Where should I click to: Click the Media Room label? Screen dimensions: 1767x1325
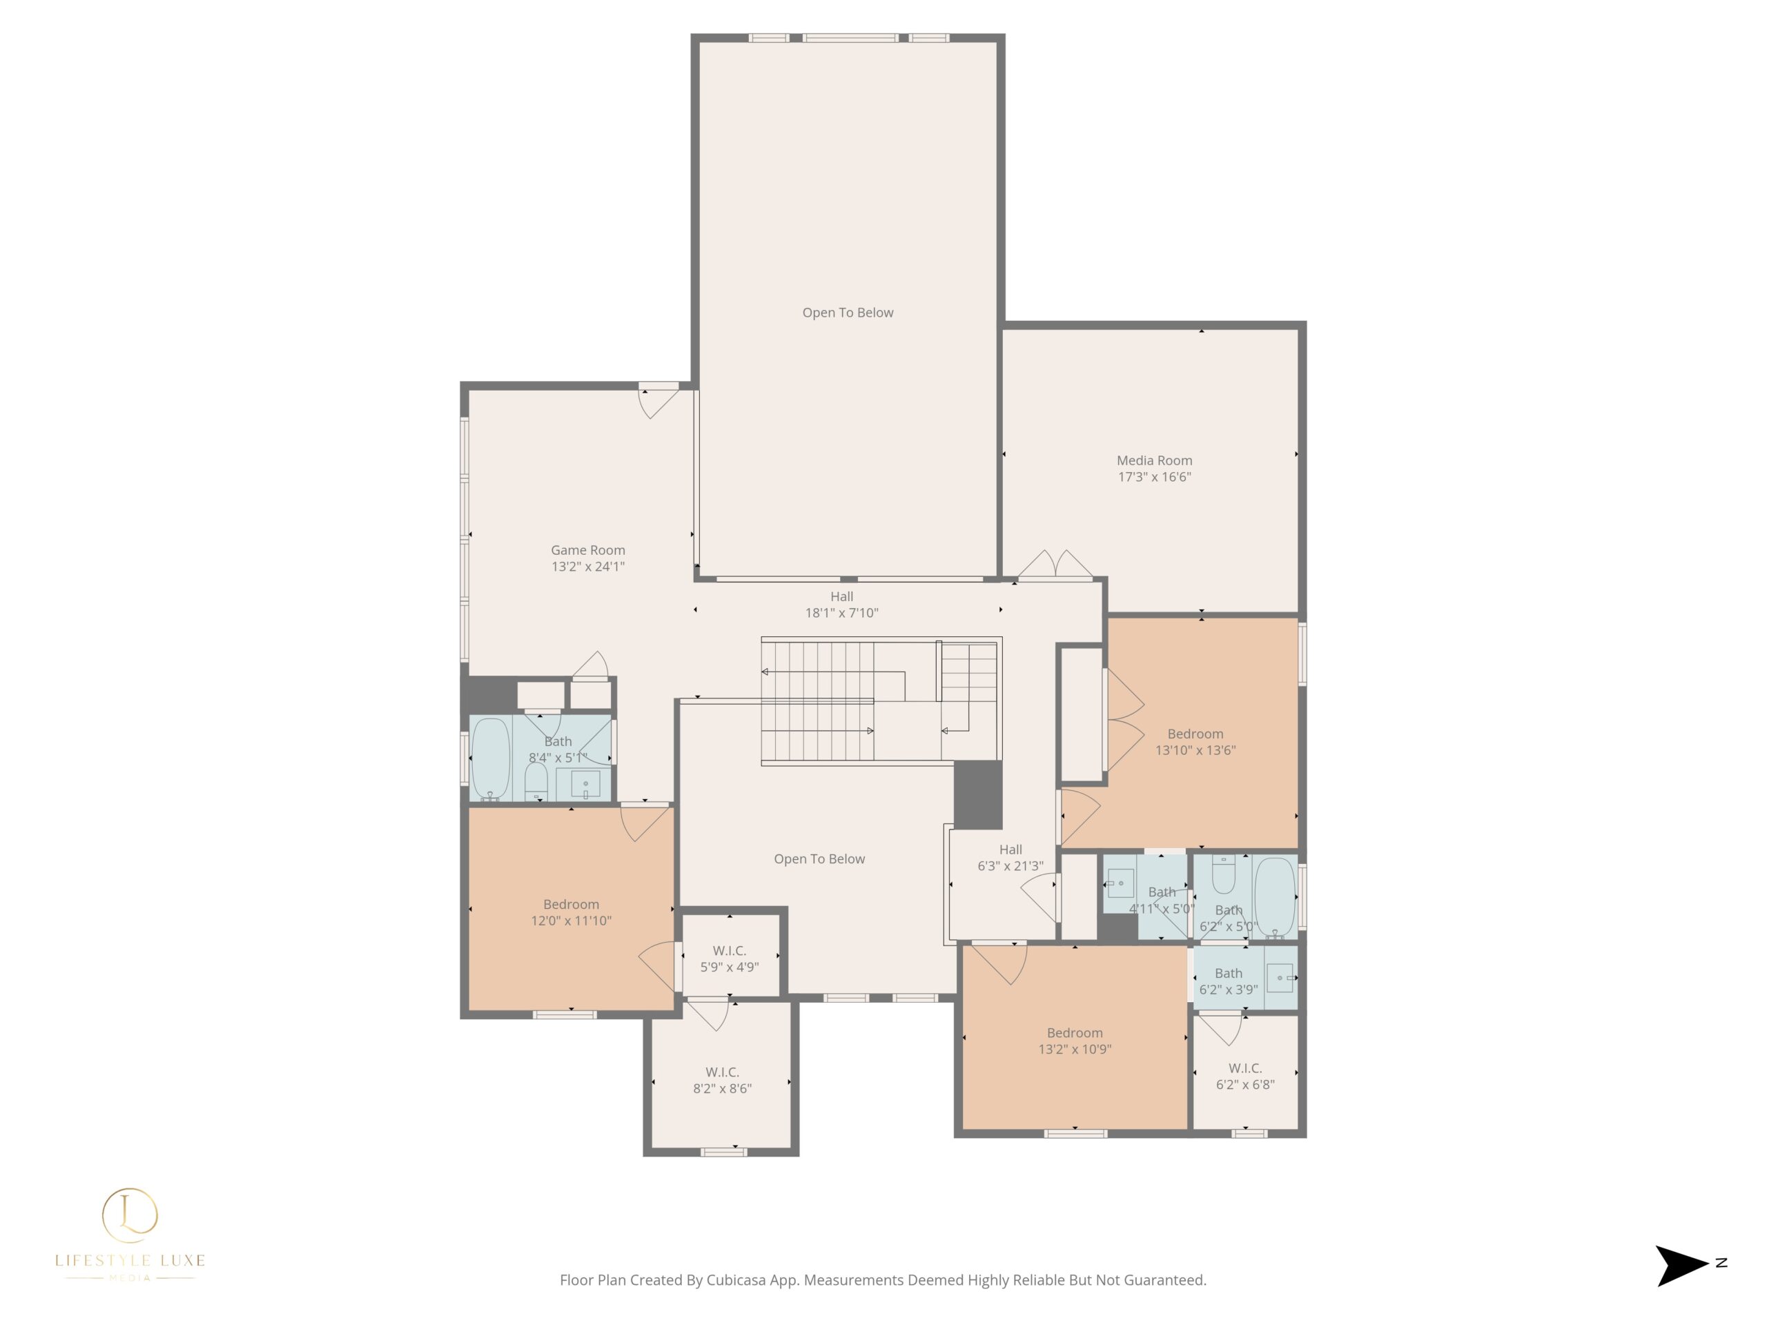[x=1154, y=460]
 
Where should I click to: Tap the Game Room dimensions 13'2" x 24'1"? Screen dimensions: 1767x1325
[x=588, y=567]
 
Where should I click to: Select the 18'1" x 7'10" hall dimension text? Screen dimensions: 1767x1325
[x=841, y=613]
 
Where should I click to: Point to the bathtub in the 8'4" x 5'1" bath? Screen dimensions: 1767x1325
[x=491, y=758]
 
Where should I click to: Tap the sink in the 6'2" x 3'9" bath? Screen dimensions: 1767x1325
[x=1280, y=978]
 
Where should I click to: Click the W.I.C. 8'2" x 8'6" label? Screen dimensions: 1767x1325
[x=722, y=1080]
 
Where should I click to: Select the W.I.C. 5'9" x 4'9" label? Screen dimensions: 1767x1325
[x=730, y=959]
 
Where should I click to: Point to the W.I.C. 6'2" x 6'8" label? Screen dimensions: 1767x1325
[x=1245, y=1076]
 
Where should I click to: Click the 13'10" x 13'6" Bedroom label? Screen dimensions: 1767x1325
[x=1195, y=741]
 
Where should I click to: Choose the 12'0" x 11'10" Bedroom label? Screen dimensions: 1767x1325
[x=571, y=912]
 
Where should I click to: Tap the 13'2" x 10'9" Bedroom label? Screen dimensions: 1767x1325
[x=1075, y=1041]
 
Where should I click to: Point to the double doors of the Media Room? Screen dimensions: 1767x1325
[x=1055, y=564]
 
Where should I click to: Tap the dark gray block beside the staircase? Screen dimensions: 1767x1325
[x=978, y=795]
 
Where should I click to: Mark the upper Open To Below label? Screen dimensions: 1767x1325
[x=848, y=313]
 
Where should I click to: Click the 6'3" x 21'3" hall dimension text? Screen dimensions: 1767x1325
[x=1011, y=866]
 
